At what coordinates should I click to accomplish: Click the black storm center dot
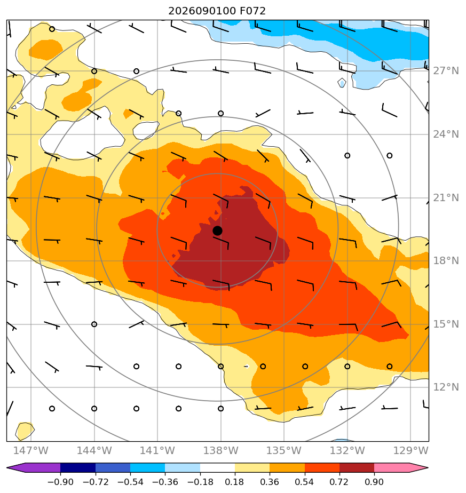217,231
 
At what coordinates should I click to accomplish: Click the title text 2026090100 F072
217,11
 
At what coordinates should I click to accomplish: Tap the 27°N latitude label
446,71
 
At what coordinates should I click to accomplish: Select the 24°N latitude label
446,134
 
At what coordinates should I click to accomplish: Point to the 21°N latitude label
446,198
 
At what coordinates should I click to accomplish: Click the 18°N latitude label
446,261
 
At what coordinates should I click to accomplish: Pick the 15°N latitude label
446,324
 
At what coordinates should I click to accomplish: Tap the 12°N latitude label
446,387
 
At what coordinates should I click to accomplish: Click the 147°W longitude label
31,450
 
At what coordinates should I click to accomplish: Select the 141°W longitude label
157,450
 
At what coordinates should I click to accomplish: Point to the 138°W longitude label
220,450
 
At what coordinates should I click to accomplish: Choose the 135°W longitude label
284,450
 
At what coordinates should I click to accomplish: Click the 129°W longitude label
410,450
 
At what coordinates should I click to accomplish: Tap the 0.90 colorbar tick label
374,482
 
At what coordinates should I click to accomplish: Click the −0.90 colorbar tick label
60,482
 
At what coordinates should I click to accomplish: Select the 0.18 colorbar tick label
234,482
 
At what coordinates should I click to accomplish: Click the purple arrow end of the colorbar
15,467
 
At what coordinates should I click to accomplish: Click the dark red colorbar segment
357,467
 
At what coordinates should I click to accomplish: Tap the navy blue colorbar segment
78,467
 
